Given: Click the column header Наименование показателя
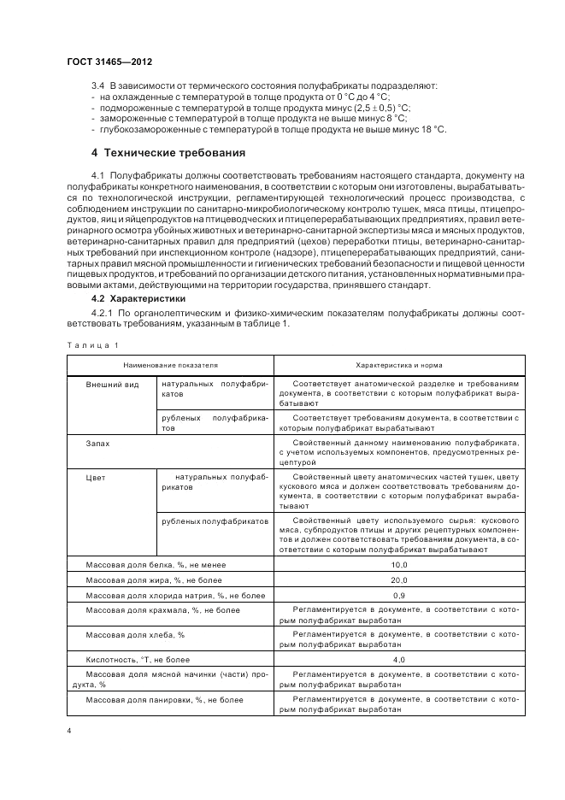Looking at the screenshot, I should (171, 365).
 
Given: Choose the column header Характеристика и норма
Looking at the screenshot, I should (398, 365).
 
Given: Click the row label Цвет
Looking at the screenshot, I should (96, 476).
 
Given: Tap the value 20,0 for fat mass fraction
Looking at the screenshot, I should (398, 580).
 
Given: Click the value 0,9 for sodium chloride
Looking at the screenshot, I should (398, 595).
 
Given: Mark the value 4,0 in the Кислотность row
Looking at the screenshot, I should (398, 661).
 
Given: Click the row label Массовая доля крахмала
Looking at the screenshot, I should (163, 610).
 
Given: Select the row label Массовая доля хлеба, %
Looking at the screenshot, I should (136, 635).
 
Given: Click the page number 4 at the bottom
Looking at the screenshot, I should (69, 732).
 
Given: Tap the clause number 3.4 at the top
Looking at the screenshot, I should (97, 86).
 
